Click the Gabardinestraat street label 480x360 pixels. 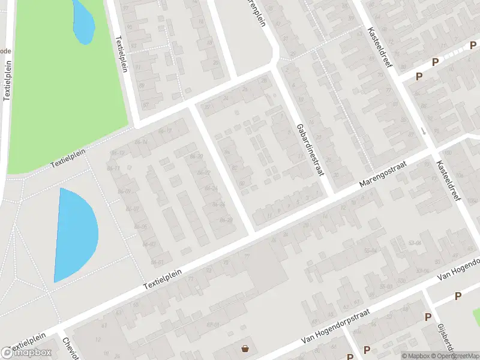tap(310, 150)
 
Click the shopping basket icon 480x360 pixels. tap(245, 348)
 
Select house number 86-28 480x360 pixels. tap(226, 220)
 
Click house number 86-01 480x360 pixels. tap(157, 262)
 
